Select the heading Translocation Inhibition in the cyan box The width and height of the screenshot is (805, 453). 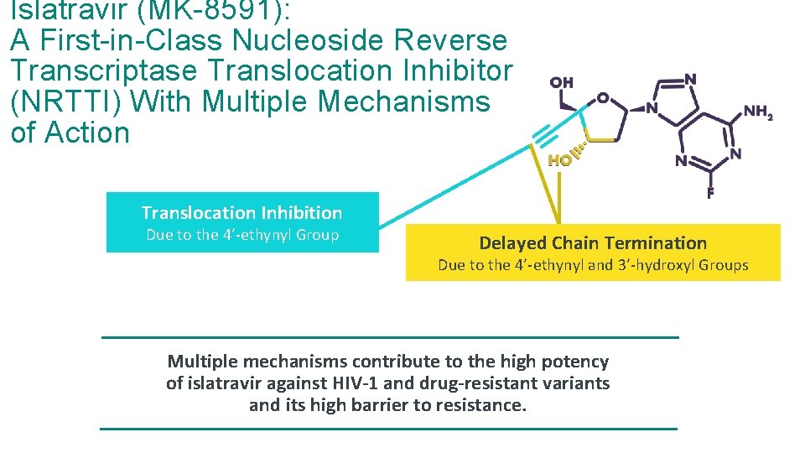click(x=241, y=213)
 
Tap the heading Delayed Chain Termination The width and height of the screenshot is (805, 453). click(x=593, y=243)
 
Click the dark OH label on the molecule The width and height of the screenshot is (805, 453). click(x=561, y=82)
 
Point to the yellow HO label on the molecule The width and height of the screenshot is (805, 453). click(x=559, y=160)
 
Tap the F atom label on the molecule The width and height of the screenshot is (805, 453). click(x=710, y=193)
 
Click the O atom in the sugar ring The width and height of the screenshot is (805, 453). click(x=603, y=98)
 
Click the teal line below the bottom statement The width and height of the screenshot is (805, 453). click(x=388, y=429)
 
